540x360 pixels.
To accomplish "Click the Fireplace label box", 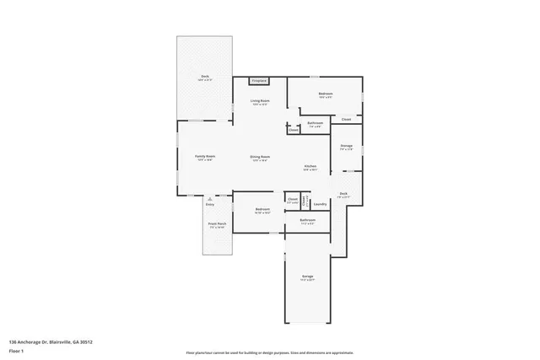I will click(x=259, y=81).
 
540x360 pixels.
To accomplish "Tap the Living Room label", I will click(x=259, y=102).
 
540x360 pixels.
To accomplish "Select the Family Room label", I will click(x=205, y=158).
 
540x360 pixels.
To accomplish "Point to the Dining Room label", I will click(x=259, y=159).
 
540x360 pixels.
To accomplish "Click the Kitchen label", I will click(x=310, y=167).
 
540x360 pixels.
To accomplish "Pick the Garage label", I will click(x=308, y=277).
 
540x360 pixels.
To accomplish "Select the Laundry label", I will click(x=320, y=204).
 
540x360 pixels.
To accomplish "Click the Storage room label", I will click(x=346, y=147).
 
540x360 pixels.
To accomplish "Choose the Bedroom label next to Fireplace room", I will click(x=326, y=94).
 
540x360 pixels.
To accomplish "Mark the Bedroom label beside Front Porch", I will click(x=263, y=210).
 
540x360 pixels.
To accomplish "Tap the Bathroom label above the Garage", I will click(x=306, y=222).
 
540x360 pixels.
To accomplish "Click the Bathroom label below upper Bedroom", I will click(x=315, y=124).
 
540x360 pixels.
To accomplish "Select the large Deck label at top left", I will click(x=204, y=77).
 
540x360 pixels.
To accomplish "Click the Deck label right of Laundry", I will click(x=343, y=195).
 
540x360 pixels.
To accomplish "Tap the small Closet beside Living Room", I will click(x=293, y=131).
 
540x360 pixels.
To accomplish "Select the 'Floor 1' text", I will click(x=16, y=350).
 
